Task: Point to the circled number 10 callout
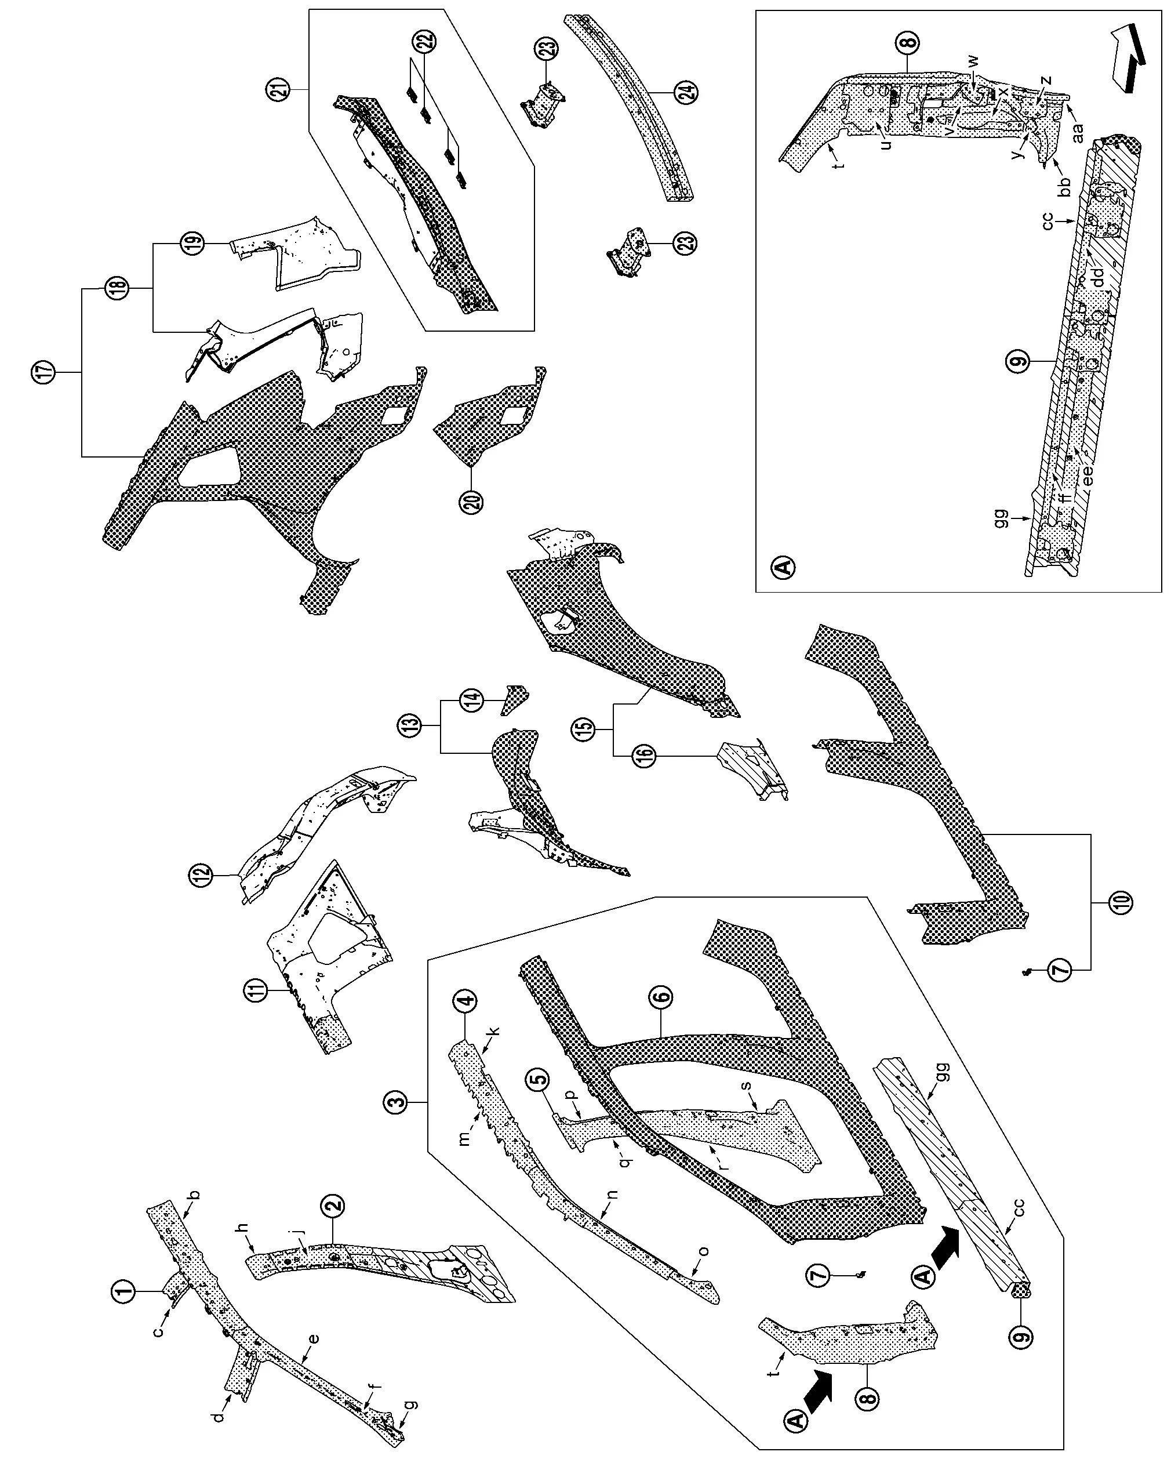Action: pyautogui.click(x=1120, y=903)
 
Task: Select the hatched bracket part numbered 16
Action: pyautogui.click(x=751, y=768)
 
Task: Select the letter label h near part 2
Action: pyautogui.click(x=243, y=1227)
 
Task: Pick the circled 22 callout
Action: pyautogui.click(x=426, y=42)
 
